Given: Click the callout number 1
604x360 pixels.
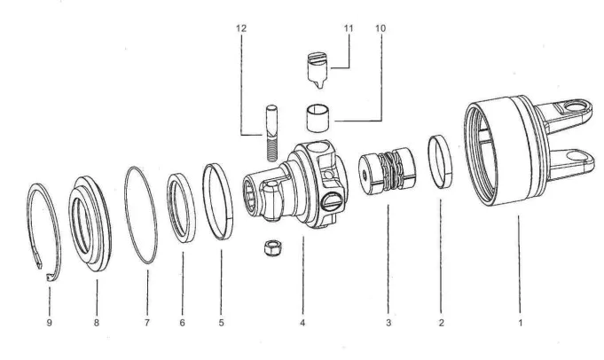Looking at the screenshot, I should click(520, 323).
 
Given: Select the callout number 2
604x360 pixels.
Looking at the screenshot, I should click(441, 323).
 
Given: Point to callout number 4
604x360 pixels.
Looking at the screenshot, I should click(302, 323).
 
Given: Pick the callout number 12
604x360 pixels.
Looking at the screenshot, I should click(242, 28).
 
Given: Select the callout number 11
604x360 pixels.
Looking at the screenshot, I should click(349, 28).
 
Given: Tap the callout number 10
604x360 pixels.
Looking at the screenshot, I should click(380, 28).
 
